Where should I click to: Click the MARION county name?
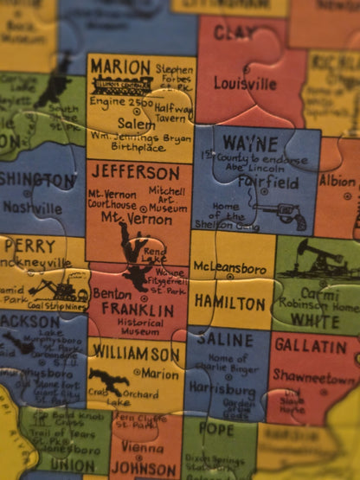point(120,67)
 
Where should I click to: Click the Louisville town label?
point(246,84)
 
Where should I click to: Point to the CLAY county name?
point(234,33)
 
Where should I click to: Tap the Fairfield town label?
point(264,182)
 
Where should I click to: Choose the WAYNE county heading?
point(250,142)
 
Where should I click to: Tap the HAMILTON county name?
point(229,303)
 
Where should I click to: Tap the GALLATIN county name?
point(310,347)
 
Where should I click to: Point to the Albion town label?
point(337,182)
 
